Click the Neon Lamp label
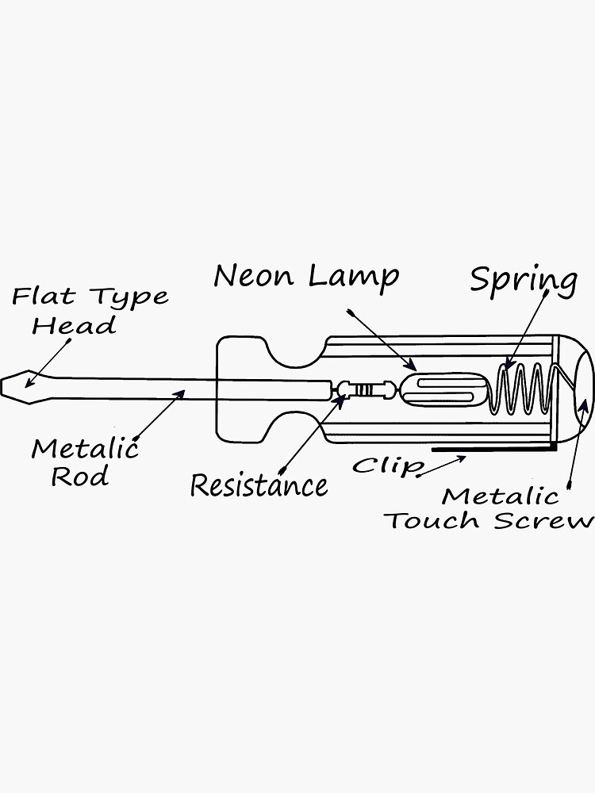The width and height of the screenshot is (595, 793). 306,276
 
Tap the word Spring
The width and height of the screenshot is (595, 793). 524,281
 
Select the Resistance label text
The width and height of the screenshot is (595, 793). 259,485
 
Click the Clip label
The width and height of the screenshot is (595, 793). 387,465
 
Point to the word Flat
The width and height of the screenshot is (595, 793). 43,297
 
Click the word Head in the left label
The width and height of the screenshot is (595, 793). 74,325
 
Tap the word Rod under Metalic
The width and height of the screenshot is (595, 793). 80,477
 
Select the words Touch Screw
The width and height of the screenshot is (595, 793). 489,521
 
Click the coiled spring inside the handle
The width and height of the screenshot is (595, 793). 521,388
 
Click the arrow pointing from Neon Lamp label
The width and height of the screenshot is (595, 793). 382,339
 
